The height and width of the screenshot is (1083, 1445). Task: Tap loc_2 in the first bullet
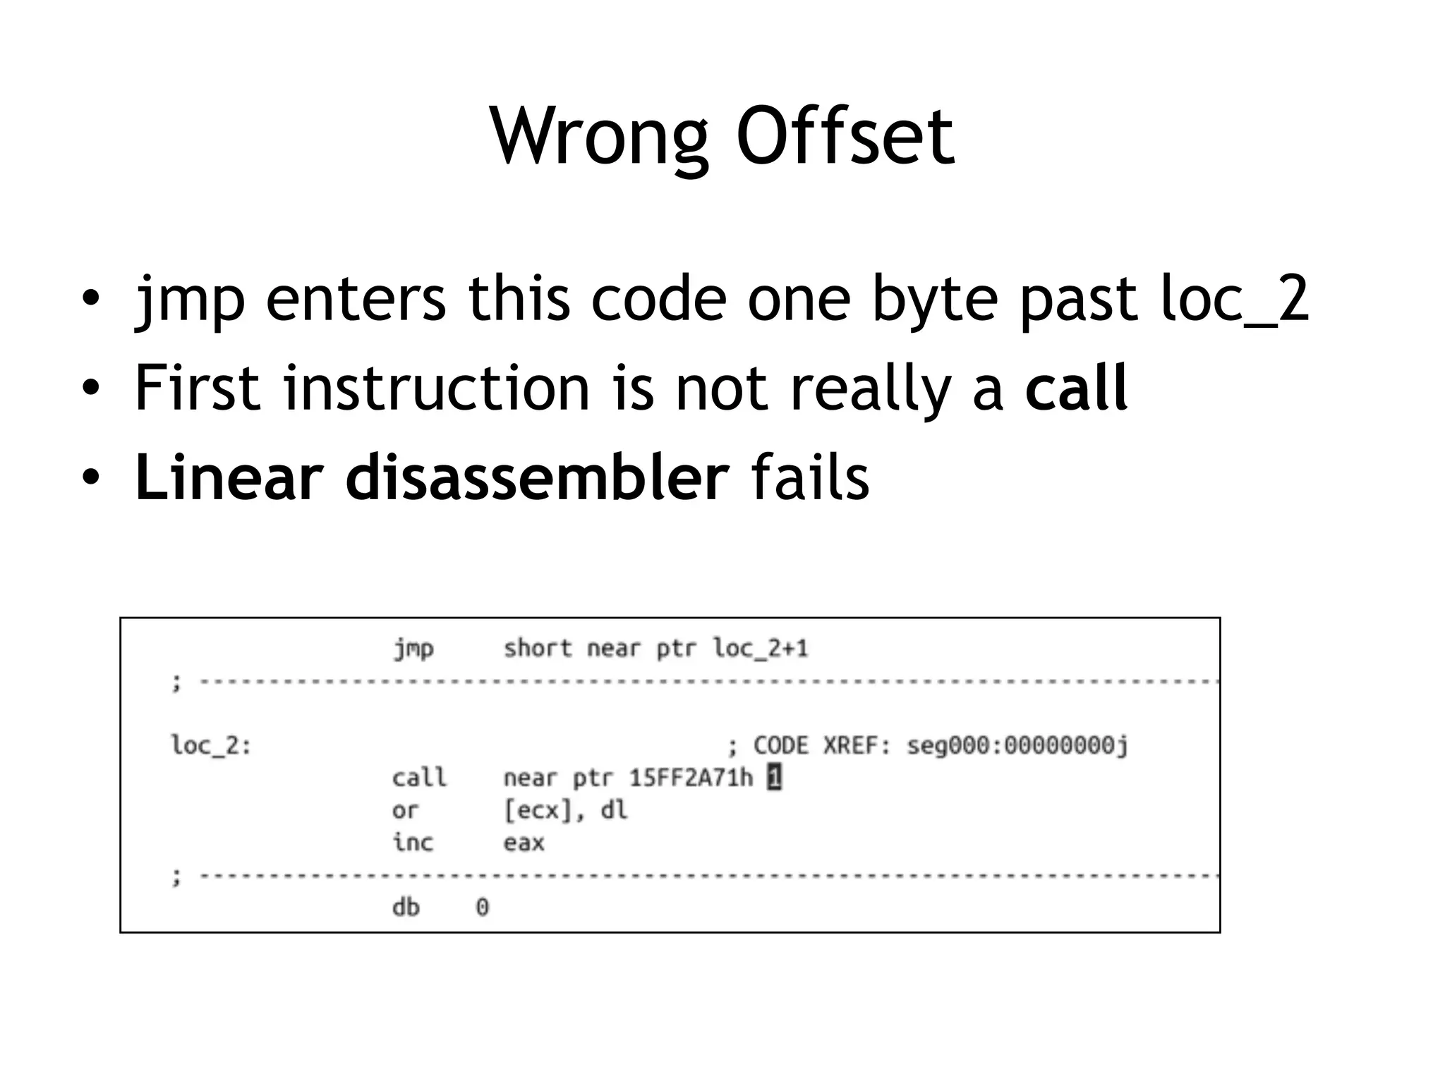click(x=1235, y=300)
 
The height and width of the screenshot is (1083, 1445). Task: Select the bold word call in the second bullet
click(x=1077, y=387)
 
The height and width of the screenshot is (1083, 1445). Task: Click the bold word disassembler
click(x=537, y=478)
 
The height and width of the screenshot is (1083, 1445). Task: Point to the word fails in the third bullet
click(x=810, y=478)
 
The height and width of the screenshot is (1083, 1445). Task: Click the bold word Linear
click(x=229, y=478)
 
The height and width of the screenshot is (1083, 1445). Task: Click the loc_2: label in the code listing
click(x=211, y=745)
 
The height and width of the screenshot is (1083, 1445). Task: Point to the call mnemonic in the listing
click(x=419, y=778)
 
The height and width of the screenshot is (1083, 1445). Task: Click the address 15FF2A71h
click(x=691, y=778)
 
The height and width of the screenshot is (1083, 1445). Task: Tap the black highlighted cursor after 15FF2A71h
click(x=774, y=778)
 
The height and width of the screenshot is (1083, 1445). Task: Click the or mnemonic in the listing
click(x=405, y=811)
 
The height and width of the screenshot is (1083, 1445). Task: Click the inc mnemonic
click(x=413, y=843)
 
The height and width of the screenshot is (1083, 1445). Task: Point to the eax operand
click(x=524, y=843)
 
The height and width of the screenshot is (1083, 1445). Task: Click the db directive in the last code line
click(x=406, y=907)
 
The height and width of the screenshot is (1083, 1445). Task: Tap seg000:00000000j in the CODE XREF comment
click(x=1017, y=745)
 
